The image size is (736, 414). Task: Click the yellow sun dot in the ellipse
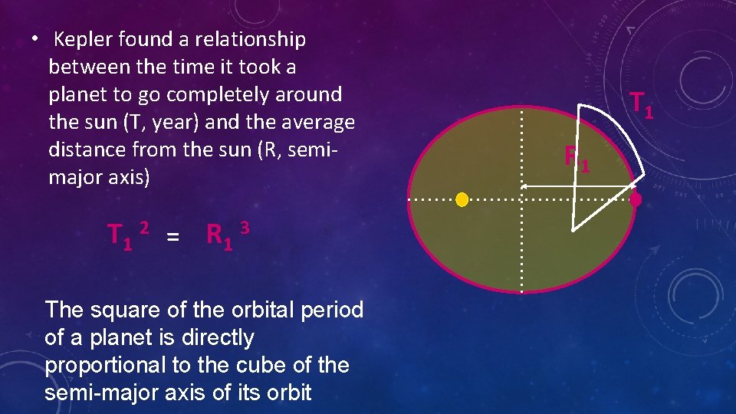coord(462,200)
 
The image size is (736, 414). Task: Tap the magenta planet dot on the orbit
coord(636,200)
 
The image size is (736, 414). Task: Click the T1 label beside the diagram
coord(642,104)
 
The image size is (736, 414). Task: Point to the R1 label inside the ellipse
coord(577,158)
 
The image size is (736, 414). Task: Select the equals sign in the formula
coord(173,238)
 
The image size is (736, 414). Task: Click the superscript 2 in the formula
coord(143,227)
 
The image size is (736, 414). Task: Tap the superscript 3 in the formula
coord(244,227)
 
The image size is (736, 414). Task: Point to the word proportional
coord(97,366)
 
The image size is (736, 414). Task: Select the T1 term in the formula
coord(120,235)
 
